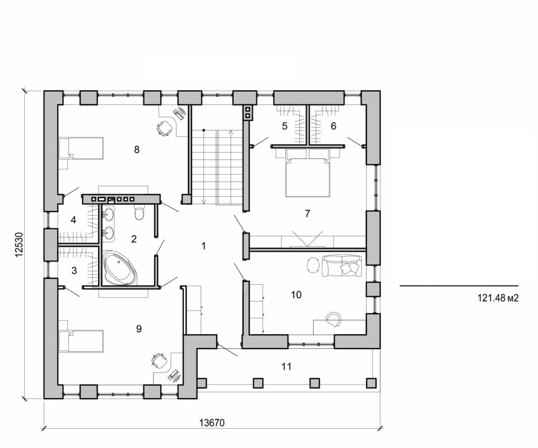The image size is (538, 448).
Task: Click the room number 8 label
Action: tap(137, 150)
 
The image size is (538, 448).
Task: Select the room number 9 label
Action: tap(139, 329)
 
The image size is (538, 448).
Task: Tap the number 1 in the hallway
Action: tap(204, 246)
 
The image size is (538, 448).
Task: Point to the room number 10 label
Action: tap(296, 295)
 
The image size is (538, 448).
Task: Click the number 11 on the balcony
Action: tap(286, 367)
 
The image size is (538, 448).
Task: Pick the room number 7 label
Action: tap(307, 214)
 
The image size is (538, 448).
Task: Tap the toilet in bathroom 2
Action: tap(139, 213)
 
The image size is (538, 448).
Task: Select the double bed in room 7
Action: tap(308, 173)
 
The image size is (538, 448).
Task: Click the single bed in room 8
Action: tap(81, 148)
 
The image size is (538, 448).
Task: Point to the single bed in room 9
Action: tap(81, 341)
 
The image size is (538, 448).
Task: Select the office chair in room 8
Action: tap(165, 127)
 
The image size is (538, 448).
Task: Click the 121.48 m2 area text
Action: tap(498, 298)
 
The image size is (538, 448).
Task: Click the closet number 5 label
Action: tap(284, 126)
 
